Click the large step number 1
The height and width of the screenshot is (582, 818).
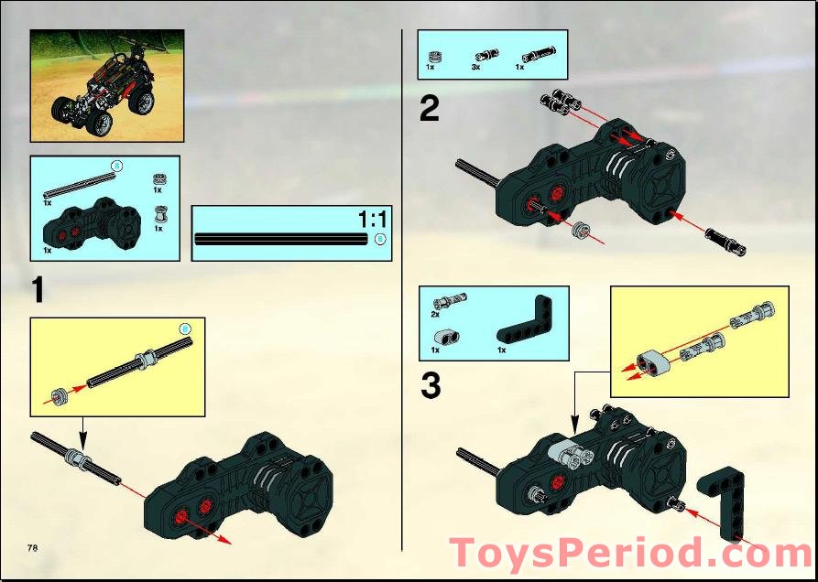click(x=38, y=290)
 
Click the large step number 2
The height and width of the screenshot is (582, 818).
click(x=429, y=110)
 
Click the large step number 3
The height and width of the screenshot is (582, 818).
click(x=430, y=386)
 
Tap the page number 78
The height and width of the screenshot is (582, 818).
click(x=32, y=547)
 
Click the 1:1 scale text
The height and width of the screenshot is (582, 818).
click(x=373, y=220)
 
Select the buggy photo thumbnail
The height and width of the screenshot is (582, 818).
click(x=107, y=85)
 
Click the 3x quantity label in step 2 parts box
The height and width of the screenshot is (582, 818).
click(x=476, y=68)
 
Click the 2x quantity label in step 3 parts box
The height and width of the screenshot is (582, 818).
click(x=435, y=314)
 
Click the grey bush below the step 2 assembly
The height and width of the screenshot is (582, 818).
click(x=579, y=230)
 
